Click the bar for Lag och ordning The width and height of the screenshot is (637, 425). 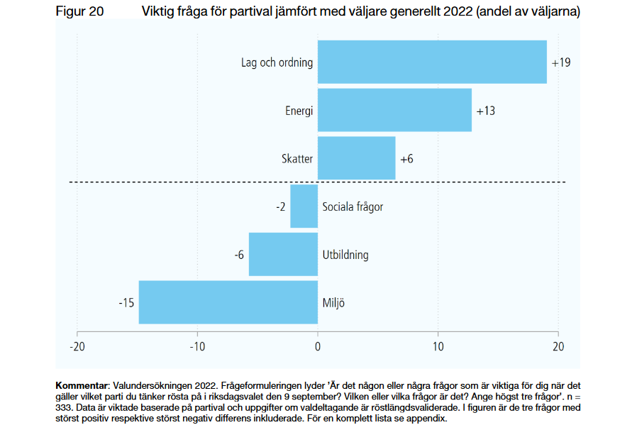pos(432,62)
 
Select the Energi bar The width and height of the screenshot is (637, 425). pos(394,110)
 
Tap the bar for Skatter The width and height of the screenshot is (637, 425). pos(356,158)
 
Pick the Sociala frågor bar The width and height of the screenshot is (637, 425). pos(304,206)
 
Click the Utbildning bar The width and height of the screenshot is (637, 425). pos(283,254)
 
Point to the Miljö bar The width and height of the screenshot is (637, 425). pos(228,302)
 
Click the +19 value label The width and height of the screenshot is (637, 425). pos(560,62)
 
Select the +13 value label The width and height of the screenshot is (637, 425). pos(485,111)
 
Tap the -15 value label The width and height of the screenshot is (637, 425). pos(126,303)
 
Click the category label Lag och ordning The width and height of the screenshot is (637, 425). pos(277,62)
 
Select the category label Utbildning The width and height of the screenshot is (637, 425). pos(345,255)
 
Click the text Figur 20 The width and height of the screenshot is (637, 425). pos(80,11)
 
